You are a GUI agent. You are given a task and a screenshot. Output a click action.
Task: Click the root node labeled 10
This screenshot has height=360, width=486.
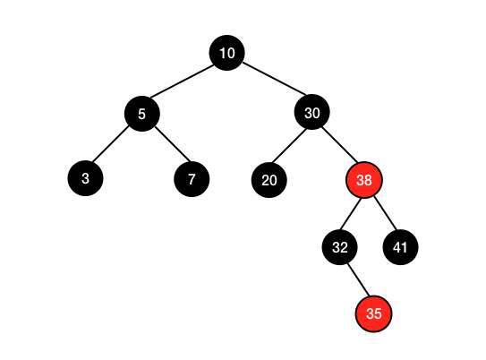[x=226, y=53]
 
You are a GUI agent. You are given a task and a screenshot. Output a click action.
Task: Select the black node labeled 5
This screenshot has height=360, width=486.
[x=142, y=114]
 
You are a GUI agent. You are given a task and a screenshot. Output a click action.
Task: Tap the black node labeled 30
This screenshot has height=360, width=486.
[x=311, y=112]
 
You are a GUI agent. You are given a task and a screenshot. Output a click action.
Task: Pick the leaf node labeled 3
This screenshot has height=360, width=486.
[x=85, y=178]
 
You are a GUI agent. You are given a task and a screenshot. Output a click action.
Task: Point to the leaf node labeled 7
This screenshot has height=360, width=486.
[x=192, y=179]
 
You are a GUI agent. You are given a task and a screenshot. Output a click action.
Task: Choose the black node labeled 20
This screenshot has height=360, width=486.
[x=269, y=180]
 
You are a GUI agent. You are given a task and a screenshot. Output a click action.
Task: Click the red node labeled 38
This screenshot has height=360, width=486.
[x=364, y=179]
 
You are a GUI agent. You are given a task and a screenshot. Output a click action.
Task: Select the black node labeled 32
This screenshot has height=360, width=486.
[x=340, y=247]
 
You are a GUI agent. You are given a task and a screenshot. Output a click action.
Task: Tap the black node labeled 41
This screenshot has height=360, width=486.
[x=400, y=247]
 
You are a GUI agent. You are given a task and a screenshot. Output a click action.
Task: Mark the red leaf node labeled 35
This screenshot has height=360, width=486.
[x=373, y=313]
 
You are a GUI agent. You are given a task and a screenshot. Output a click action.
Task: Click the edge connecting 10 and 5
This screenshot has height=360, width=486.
[x=182, y=81]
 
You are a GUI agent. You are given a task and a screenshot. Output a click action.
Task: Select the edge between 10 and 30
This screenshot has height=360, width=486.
[x=274, y=79]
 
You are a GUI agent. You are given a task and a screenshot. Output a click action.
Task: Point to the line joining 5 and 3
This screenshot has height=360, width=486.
[x=110, y=143]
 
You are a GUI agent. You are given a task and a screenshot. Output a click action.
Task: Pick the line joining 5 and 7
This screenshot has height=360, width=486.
[x=172, y=144]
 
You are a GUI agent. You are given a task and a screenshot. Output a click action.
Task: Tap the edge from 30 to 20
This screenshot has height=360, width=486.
[x=288, y=145]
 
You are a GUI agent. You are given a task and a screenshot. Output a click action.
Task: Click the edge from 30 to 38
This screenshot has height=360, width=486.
[x=339, y=144]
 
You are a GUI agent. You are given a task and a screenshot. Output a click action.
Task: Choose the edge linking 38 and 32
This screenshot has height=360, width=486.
[x=351, y=214]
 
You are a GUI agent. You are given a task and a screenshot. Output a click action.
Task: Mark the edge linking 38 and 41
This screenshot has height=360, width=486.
[x=385, y=213]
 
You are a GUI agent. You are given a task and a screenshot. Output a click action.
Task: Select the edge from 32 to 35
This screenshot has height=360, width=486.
[x=358, y=279]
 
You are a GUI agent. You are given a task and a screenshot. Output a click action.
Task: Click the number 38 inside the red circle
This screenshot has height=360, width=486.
[x=364, y=180]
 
